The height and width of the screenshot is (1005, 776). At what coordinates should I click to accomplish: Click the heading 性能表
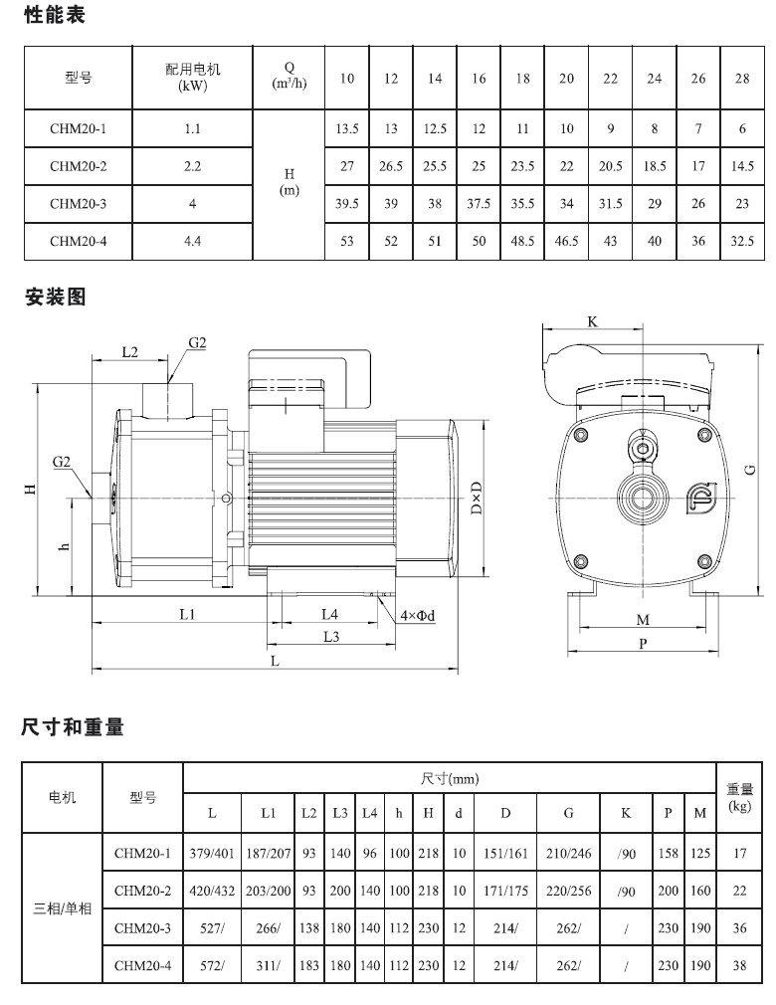(x=55, y=14)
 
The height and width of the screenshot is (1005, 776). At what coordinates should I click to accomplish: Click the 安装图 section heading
(x=55, y=297)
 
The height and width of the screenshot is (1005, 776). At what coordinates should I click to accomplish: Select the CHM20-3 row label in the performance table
(x=79, y=204)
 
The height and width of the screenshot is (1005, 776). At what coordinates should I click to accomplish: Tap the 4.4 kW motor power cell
(x=192, y=241)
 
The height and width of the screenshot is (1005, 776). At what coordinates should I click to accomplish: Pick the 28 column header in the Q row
(x=742, y=79)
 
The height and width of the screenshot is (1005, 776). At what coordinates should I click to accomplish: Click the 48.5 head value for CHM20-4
(x=522, y=241)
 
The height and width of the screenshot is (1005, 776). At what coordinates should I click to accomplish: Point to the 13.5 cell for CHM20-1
(x=346, y=128)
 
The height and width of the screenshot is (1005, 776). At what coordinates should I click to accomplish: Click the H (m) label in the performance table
(x=289, y=182)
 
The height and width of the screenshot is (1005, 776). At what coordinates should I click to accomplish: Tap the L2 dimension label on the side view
(x=130, y=352)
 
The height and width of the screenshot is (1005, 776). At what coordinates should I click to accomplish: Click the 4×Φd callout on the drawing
(x=418, y=616)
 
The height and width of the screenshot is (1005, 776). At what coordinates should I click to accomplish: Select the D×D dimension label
(x=477, y=498)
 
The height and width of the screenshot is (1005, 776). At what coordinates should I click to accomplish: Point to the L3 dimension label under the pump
(x=330, y=637)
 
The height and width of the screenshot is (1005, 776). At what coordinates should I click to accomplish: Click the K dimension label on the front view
(x=592, y=321)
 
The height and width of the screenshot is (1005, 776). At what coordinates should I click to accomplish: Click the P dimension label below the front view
(x=643, y=644)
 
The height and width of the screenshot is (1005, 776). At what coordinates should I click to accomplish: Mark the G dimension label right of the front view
(x=750, y=470)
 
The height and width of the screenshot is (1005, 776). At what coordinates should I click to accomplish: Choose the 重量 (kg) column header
(x=739, y=797)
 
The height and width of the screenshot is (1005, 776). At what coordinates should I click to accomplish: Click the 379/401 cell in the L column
(x=212, y=853)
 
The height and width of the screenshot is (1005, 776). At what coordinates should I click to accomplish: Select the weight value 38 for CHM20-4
(x=739, y=965)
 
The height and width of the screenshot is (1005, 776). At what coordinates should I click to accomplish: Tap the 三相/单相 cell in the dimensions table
(x=62, y=908)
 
